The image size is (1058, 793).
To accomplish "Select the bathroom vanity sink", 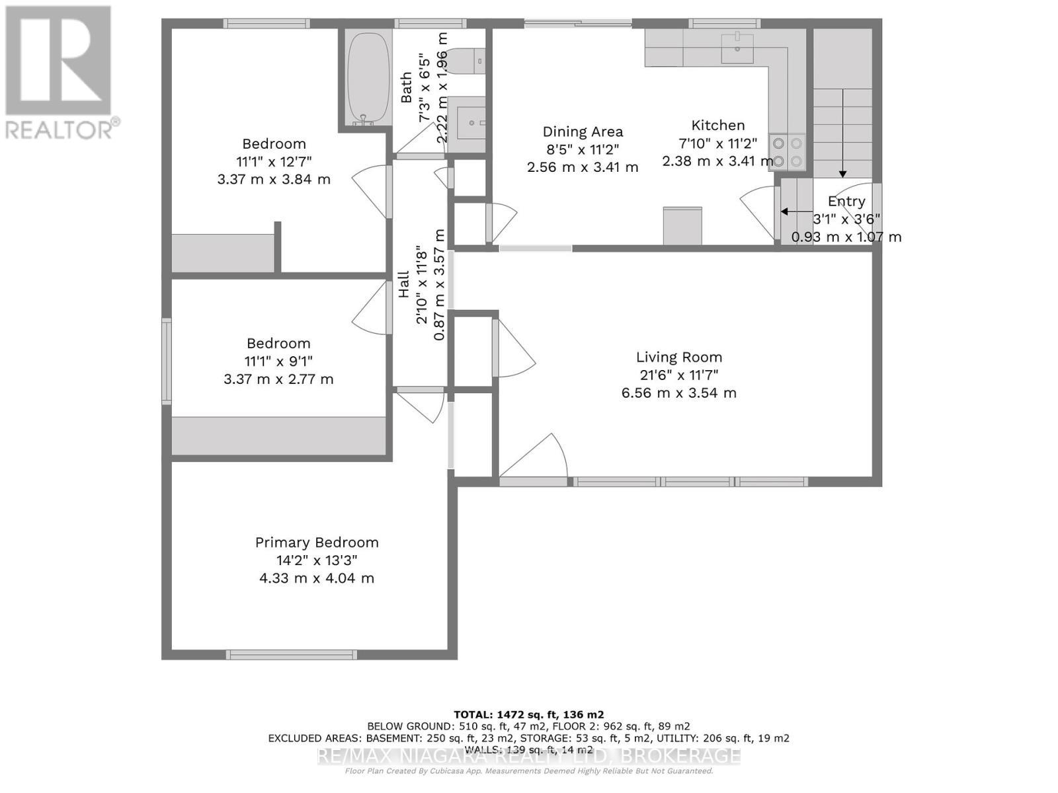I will pyautogui.click(x=471, y=119).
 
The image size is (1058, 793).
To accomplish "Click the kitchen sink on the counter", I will pyautogui.click(x=737, y=48).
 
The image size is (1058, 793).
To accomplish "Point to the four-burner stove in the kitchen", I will pyautogui.click(x=788, y=152).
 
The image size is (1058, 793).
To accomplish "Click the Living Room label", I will pyautogui.click(x=679, y=358).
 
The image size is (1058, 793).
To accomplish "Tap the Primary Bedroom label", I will pyautogui.click(x=317, y=543).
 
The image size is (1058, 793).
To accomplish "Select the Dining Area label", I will pyautogui.click(x=583, y=132).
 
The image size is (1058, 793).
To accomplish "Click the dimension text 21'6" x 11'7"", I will pyautogui.click(x=679, y=375).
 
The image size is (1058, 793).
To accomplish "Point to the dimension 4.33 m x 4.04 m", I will pyautogui.click(x=317, y=578).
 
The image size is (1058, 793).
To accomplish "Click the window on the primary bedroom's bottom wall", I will pyautogui.click(x=292, y=654).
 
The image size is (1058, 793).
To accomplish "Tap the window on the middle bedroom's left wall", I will pyautogui.click(x=167, y=361).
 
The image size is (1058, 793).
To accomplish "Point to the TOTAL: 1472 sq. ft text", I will pyautogui.click(x=528, y=714).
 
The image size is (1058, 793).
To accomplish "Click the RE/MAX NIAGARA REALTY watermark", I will pyautogui.click(x=528, y=755).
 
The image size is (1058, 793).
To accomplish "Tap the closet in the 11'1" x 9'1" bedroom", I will pyautogui.click(x=278, y=435).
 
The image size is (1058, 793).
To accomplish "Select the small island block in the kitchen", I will pyautogui.click(x=682, y=225).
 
